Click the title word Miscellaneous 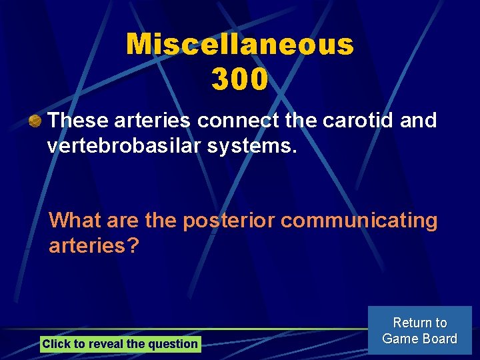tap(240, 45)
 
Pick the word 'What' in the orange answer tap(75, 220)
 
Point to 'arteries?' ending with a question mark tap(94, 246)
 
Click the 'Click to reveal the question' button tap(120, 344)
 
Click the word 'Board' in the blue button tap(439, 339)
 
